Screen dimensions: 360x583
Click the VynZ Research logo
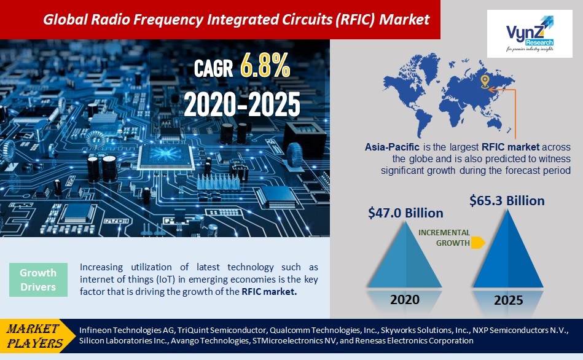[529, 34]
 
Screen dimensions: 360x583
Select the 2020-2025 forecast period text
[242, 105]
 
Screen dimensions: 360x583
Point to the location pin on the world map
[485, 81]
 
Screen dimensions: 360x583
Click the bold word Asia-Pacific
[391, 147]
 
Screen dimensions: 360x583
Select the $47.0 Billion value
[405, 213]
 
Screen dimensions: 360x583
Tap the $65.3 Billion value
[507, 200]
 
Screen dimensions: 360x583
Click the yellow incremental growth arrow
[478, 243]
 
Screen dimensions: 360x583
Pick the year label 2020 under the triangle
[405, 299]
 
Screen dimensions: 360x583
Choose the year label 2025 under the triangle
[508, 300]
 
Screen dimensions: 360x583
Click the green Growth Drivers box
[38, 280]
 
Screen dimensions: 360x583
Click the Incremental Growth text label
[444, 238]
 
